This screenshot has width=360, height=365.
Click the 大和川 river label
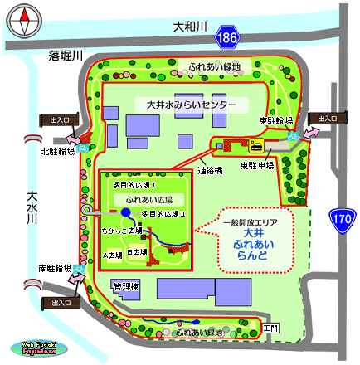click(188, 27)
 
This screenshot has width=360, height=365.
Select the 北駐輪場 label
click(57, 151)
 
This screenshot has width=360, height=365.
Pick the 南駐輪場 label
click(56, 269)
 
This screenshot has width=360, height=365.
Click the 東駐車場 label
click(257, 166)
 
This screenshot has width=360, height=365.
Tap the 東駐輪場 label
click(274, 120)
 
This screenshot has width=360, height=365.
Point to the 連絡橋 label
click(210, 172)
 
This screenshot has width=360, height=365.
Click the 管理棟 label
click(128, 286)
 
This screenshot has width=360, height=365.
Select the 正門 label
click(272, 328)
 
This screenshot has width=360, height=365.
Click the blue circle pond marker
click(125, 212)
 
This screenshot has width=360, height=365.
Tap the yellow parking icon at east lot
click(257, 144)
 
